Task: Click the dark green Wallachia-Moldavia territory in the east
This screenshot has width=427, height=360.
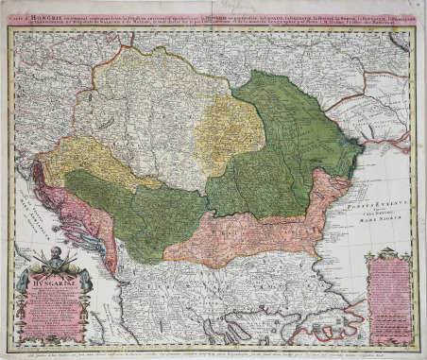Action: pos(283,132)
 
